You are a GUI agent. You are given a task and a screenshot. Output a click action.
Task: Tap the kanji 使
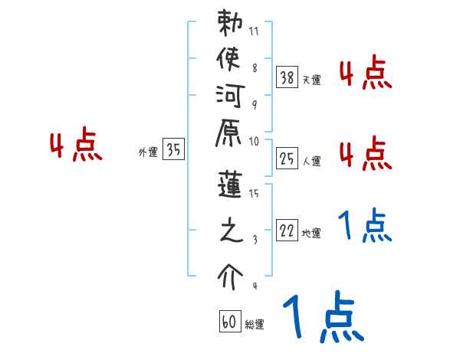coord(229,60)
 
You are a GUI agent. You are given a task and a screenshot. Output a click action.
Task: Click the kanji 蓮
coord(229,188)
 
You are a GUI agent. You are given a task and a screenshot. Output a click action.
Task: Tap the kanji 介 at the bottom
coord(229,276)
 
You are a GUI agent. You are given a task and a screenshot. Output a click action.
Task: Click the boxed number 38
coord(287,77)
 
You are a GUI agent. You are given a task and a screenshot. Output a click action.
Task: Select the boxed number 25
coord(287,159)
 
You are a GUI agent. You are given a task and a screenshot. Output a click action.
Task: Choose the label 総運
coord(255,325)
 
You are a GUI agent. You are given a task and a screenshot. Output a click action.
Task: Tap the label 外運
coord(147,152)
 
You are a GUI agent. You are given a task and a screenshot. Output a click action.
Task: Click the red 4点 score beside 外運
coord(76,146)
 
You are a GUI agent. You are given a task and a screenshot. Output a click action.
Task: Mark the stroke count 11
coord(254,32)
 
